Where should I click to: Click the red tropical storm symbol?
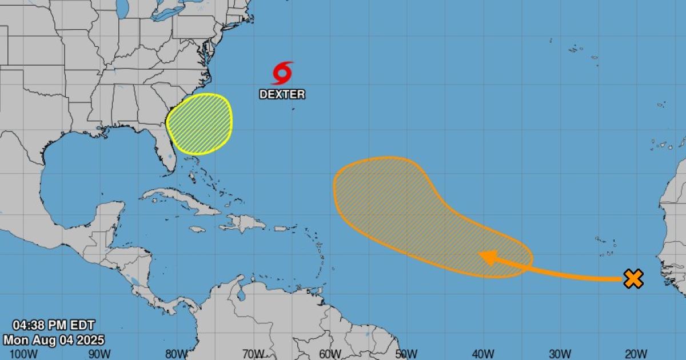(282, 74)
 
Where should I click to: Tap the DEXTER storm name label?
(282, 94)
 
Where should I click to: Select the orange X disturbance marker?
(633, 279)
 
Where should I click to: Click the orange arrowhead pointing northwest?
(487, 258)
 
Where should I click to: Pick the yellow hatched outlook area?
(200, 124)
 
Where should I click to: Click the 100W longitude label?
(21, 354)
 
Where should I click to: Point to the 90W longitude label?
(99, 354)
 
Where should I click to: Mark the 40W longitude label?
(484, 354)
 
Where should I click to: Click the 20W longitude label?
(636, 354)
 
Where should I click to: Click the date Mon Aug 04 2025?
(54, 340)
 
